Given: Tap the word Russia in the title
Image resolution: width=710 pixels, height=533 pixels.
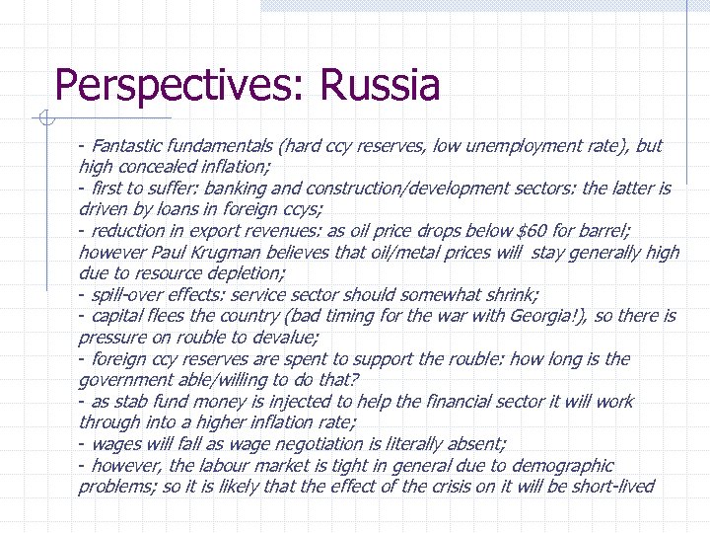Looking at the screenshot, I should tap(379, 85).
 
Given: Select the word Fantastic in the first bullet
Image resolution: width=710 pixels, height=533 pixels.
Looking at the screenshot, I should tap(131, 146).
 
